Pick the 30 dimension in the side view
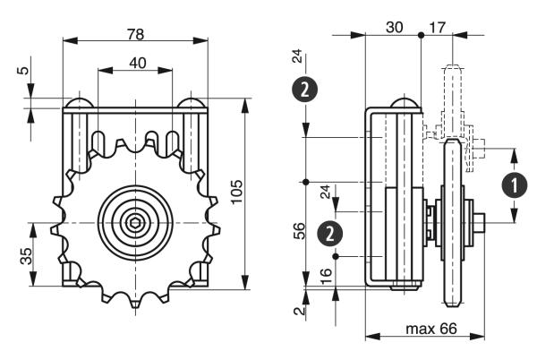click(394, 27)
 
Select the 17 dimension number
click(438, 27)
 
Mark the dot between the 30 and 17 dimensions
click(420, 35)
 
